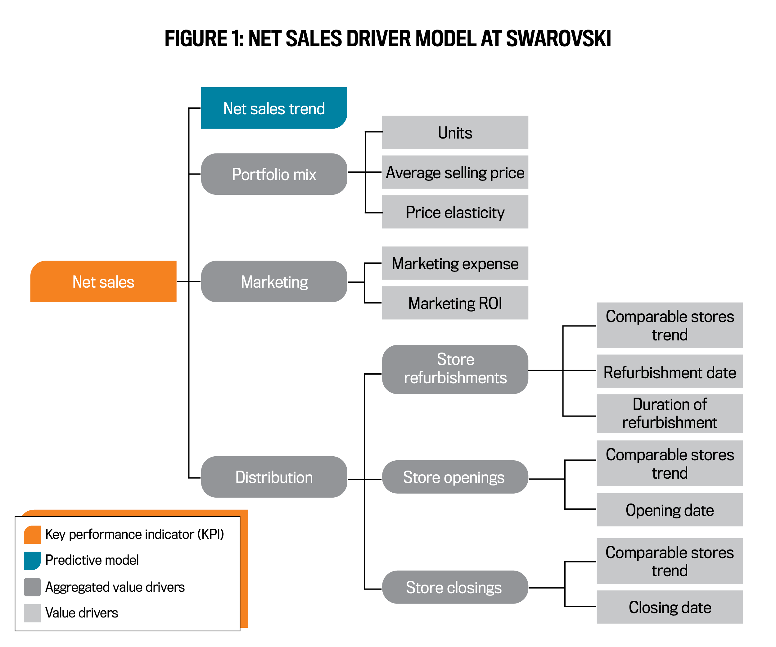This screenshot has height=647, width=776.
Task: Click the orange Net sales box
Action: click(103, 282)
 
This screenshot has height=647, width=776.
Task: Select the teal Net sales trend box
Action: click(274, 108)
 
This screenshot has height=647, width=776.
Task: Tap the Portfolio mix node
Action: click(274, 174)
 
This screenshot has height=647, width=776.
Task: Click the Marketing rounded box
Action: click(274, 282)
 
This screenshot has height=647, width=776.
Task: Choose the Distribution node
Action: click(274, 477)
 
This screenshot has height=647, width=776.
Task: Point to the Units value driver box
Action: click(455, 133)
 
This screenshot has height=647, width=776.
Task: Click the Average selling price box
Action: click(455, 172)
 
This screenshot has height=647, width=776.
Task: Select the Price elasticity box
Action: click(455, 212)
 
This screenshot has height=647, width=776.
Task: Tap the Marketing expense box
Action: click(455, 263)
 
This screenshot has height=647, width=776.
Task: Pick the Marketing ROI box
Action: click(455, 303)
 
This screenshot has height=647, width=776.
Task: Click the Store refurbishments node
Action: click(455, 369)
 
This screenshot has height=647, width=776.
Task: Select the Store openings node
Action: click(455, 477)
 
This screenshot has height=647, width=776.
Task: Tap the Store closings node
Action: click(455, 587)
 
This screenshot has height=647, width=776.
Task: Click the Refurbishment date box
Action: click(670, 371)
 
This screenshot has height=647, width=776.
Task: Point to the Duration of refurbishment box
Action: click(670, 413)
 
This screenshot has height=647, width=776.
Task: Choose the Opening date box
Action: click(670, 510)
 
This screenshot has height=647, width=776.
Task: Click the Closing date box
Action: click(670, 607)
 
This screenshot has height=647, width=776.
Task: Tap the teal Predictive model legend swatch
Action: click(32, 560)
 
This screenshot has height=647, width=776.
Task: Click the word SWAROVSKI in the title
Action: click(558, 39)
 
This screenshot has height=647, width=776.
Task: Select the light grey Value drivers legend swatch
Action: click(32, 613)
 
